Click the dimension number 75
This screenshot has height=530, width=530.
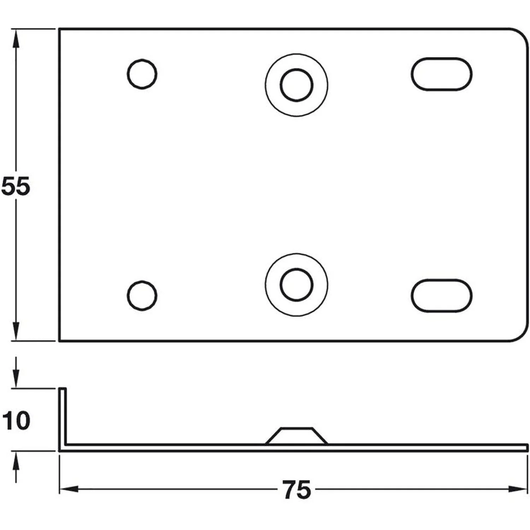297,490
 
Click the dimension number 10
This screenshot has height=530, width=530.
16,421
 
